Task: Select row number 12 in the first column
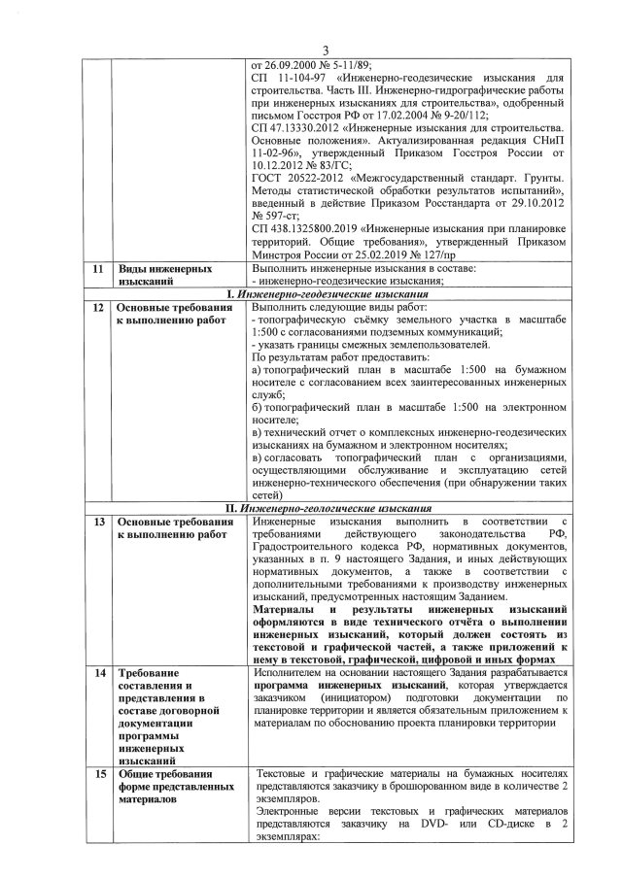(x=93, y=308)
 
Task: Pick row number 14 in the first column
(x=93, y=671)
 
